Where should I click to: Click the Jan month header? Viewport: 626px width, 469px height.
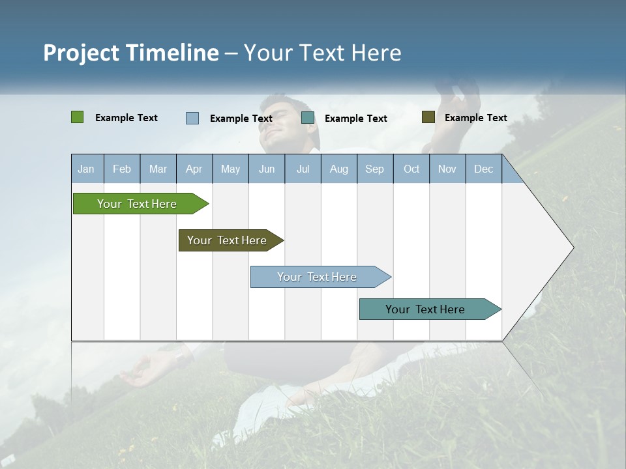(87, 169)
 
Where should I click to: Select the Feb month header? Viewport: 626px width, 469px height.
(122, 169)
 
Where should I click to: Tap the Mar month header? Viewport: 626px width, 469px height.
(158, 169)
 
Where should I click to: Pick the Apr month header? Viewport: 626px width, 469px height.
(194, 169)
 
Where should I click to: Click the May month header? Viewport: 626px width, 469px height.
(230, 169)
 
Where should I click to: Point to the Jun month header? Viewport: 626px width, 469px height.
(267, 169)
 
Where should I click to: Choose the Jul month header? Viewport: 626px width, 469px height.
(303, 169)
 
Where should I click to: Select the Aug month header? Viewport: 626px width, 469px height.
(339, 169)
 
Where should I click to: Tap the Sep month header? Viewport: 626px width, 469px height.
(375, 169)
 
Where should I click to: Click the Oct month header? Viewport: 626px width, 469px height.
(411, 169)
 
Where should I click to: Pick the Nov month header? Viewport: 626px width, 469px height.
(447, 169)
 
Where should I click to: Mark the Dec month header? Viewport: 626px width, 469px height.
(484, 169)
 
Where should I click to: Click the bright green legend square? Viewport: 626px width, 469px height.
(78, 117)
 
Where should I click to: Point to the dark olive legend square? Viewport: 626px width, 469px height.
(428, 117)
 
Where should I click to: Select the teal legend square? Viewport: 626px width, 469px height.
(308, 118)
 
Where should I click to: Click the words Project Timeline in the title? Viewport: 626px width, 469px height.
(131, 53)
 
